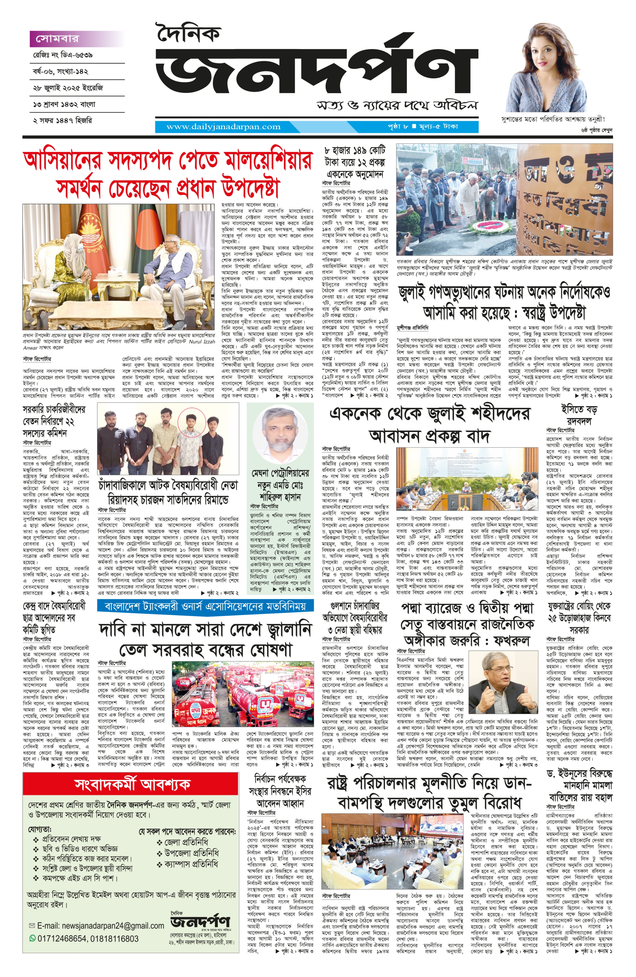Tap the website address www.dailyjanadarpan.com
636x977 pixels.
223,127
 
